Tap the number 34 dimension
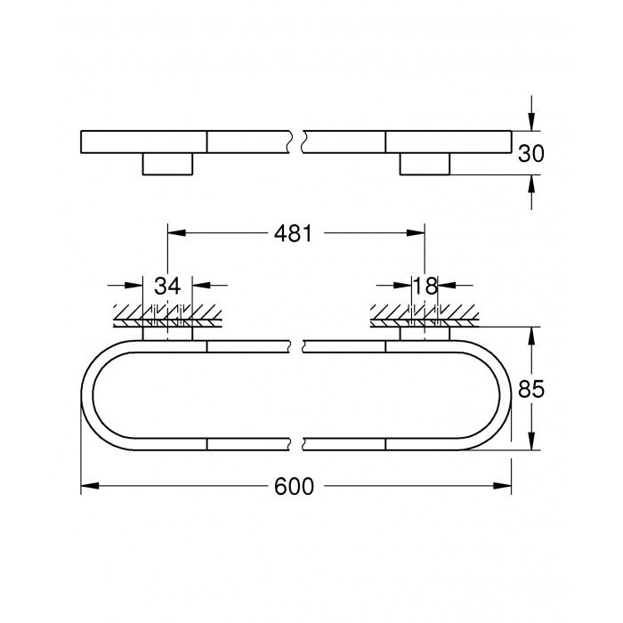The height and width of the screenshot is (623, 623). pyautogui.click(x=167, y=286)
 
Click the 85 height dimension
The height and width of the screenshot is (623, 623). pyautogui.click(x=531, y=389)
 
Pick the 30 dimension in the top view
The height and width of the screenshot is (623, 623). pyautogui.click(x=531, y=152)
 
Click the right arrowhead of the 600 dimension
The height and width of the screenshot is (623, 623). pyautogui.click(x=506, y=487)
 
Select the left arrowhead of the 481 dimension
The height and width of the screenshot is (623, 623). pyautogui.click(x=174, y=234)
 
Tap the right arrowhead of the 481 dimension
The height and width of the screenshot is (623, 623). pyautogui.click(x=417, y=234)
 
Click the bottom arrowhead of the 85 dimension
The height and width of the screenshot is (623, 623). pyautogui.click(x=531, y=444)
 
